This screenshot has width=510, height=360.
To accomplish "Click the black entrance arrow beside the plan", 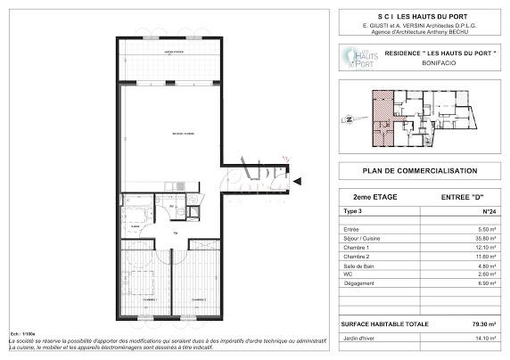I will tap(299, 182).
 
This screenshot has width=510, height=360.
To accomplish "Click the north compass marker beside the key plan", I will tap(350, 117).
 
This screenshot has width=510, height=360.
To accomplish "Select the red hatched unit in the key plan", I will tap(382, 118).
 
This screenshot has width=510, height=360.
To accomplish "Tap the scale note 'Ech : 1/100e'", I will tap(20, 332).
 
